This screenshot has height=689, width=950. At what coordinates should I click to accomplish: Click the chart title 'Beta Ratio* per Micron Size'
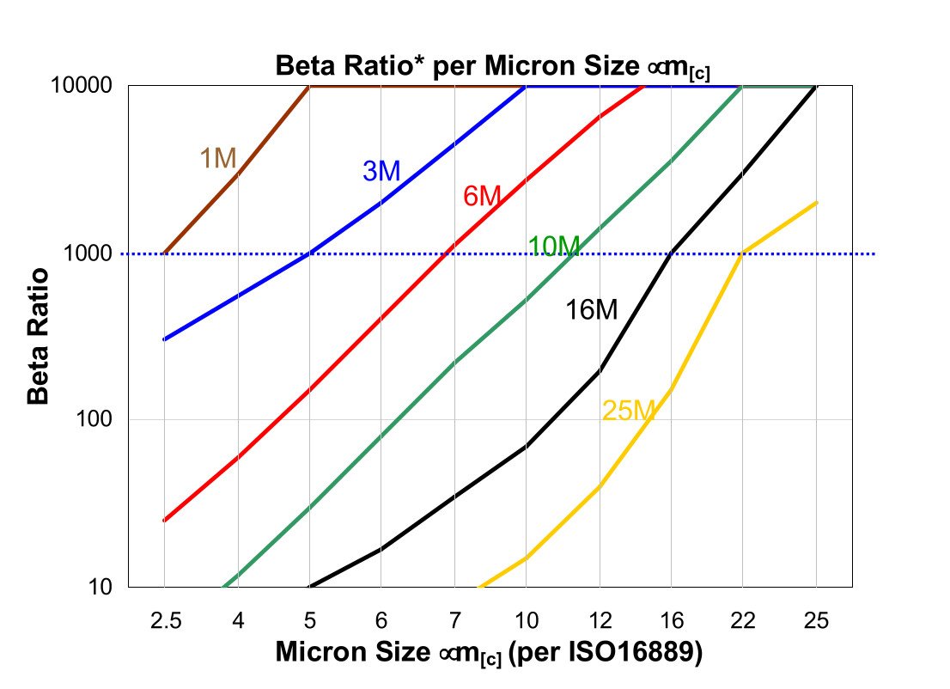click(491, 66)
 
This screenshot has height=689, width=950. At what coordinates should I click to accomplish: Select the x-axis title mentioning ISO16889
click(490, 653)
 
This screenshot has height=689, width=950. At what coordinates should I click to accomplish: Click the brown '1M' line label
click(218, 158)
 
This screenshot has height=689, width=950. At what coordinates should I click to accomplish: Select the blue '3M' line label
click(381, 172)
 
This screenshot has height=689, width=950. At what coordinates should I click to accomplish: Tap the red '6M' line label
click(482, 197)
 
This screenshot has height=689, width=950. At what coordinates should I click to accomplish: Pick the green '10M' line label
click(554, 247)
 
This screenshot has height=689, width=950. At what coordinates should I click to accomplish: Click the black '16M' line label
click(591, 310)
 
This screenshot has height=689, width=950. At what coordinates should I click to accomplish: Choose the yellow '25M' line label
click(629, 411)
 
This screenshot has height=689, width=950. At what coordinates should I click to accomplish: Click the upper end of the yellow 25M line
click(816, 203)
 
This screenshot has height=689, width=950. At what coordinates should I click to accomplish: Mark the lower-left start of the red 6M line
click(164, 521)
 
